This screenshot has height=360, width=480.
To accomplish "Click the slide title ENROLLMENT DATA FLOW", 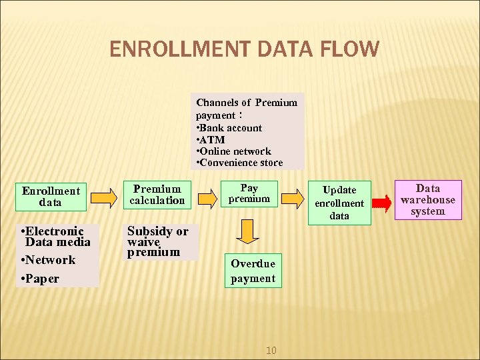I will (244, 49).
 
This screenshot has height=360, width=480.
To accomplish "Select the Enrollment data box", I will (51, 196).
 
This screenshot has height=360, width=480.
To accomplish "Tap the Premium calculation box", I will (157, 194).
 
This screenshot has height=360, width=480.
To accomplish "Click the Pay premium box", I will (249, 193).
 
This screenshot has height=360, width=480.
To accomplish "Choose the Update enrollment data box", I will (339, 203).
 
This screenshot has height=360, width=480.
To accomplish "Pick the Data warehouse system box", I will (427, 199).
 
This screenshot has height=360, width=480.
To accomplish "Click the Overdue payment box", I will (253, 271).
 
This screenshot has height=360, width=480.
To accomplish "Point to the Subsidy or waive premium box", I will (158, 241).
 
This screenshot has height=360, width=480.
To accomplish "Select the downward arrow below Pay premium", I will (248, 231).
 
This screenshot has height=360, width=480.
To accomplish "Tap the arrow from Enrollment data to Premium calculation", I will (103, 197).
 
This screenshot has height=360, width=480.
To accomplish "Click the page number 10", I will (271, 350).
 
